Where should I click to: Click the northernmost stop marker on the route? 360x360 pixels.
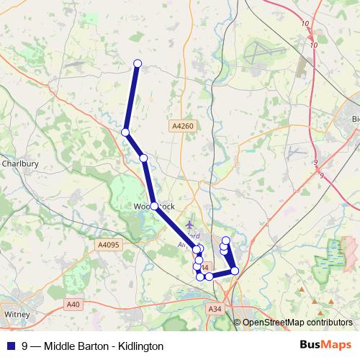[x=138, y=63]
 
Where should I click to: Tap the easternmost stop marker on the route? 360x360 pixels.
[x=235, y=271]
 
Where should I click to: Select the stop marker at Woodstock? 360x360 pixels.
[x=154, y=206]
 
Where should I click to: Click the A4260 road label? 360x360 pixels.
[x=183, y=126]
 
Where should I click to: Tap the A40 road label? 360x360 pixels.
[x=73, y=305]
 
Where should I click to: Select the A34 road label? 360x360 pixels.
[x=215, y=309]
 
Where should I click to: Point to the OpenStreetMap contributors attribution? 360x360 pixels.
[x=297, y=322]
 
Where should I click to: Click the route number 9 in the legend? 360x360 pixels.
[x=24, y=346]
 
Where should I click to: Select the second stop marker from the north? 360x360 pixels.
[x=125, y=132]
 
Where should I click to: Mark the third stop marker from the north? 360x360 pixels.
[x=143, y=158]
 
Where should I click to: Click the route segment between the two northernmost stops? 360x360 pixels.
[x=132, y=98]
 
